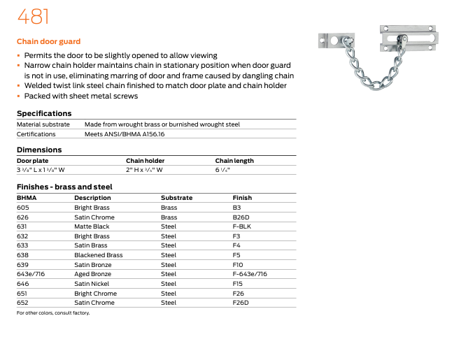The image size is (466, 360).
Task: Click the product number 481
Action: tap(34, 17)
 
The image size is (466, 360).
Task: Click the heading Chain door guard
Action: tap(48, 42)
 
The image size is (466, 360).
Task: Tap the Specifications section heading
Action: tap(44, 113)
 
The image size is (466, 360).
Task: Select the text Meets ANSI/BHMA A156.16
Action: tap(125, 134)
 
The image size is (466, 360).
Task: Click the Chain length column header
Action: tap(234, 161)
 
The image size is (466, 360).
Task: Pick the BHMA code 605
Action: tap(23, 208)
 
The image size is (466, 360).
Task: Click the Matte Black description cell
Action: tap(92, 226)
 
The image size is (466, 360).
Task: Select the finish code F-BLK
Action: tap(241, 226)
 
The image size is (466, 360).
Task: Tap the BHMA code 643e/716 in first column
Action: tap(30, 275)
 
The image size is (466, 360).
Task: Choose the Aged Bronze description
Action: tap(92, 275)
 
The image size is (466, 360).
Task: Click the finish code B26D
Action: tap(240, 217)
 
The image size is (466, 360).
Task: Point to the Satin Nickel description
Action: tap(93, 284)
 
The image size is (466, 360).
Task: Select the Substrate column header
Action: tap(176, 198)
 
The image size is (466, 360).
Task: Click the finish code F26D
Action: tap(241, 303)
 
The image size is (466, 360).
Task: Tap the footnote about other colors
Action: tap(53, 312)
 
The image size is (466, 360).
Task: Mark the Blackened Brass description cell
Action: tap(99, 255)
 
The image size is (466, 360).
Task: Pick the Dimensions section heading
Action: tap(39, 150)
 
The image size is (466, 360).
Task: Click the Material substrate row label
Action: tap(43, 124)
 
